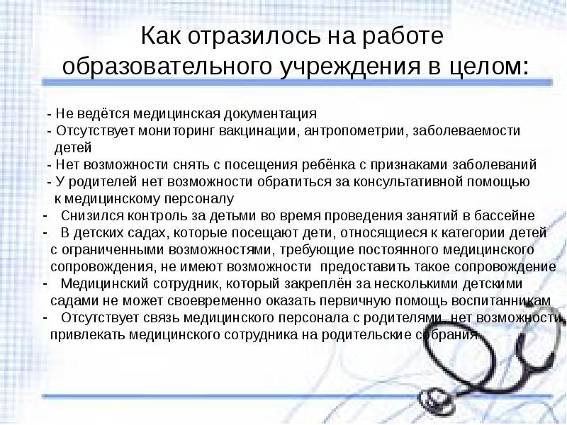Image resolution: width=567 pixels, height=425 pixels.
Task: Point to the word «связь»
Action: point(164,318)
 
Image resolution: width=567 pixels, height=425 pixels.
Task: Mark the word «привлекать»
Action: point(80,335)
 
